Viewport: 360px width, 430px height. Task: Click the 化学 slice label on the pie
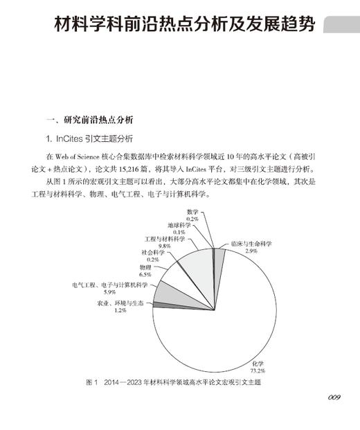point(258,363)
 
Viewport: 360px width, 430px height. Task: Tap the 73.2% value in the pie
point(258,370)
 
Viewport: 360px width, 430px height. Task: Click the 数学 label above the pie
point(192,211)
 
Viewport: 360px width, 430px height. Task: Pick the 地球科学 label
point(179,225)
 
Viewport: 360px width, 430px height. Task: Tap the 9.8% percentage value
point(164,246)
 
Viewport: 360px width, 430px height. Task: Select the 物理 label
point(145,267)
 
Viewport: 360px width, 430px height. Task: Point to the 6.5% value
point(145,274)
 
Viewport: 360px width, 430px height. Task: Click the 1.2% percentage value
point(120,310)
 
